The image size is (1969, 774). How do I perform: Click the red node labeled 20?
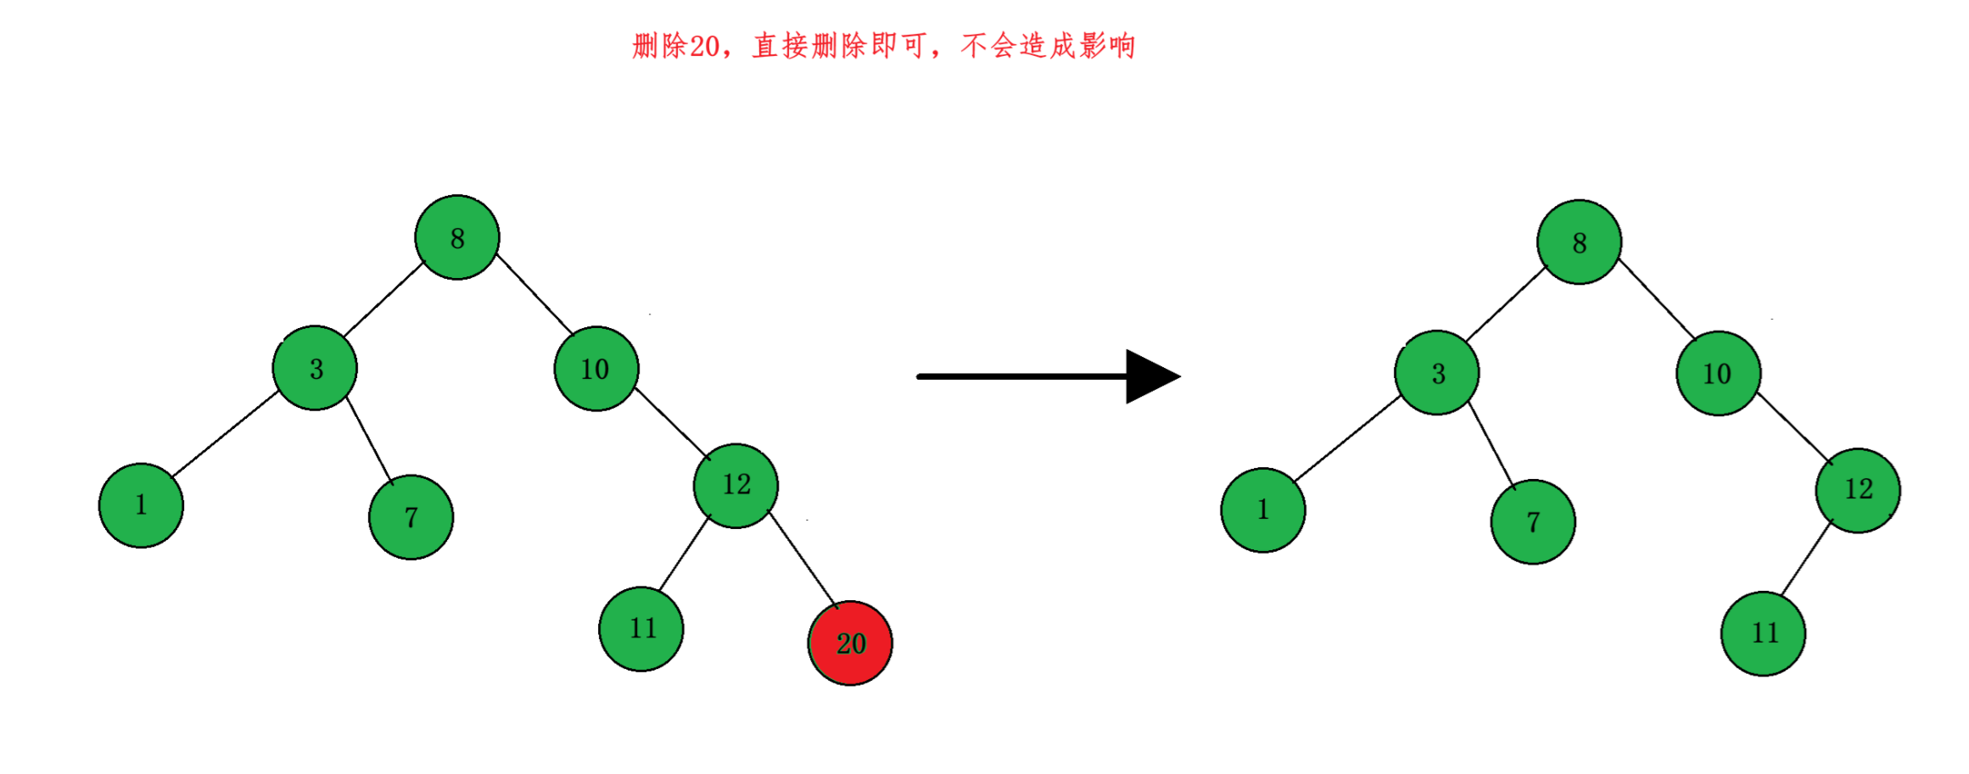(850, 643)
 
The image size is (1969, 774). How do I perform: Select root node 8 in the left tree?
(457, 237)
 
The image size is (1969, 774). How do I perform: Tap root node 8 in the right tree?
(1579, 242)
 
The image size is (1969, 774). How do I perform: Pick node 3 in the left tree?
(315, 368)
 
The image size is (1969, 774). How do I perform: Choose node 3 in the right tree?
(1437, 373)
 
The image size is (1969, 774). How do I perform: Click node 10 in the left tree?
(596, 369)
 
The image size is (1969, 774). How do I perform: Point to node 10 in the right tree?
(1718, 373)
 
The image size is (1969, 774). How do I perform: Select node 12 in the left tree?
(736, 485)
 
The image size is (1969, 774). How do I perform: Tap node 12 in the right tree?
(1858, 490)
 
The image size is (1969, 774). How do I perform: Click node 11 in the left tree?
(641, 628)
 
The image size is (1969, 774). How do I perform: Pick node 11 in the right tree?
(1763, 633)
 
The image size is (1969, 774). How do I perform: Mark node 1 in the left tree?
(141, 505)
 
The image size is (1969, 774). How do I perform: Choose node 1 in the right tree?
(1263, 510)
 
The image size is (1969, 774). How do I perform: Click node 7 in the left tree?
(411, 517)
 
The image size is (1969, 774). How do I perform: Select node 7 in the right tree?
(1533, 522)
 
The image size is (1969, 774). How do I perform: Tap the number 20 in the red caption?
(703, 46)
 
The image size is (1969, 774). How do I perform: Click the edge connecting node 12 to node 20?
(803, 560)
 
